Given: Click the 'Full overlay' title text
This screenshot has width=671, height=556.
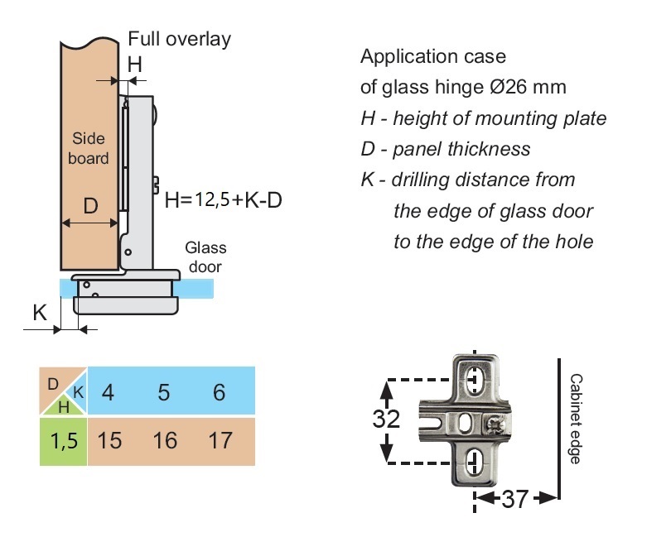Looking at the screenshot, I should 179,39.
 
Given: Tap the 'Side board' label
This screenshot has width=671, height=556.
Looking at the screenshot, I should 89,148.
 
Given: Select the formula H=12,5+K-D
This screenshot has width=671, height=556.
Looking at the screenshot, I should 223,199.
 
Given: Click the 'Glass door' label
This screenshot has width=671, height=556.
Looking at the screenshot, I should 205,257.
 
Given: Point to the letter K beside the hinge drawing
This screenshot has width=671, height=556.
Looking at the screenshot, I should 39,312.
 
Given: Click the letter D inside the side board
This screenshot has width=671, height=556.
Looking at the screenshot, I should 91,204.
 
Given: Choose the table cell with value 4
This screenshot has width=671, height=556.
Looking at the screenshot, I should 108,391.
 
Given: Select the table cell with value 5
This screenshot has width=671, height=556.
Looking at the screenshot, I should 164,391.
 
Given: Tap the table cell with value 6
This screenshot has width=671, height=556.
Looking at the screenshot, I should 220,391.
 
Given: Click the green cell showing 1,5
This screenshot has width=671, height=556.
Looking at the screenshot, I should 63,441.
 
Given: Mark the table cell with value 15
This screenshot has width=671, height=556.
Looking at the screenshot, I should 109,440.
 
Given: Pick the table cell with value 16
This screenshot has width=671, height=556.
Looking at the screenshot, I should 165,440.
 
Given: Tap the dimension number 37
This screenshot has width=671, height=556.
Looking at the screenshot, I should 514,500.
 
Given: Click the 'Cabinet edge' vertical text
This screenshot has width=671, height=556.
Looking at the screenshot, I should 576,419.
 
